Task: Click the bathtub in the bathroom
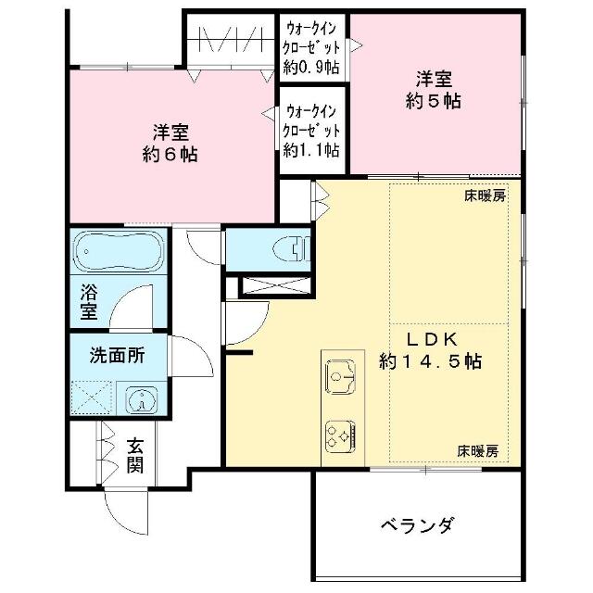[x=119, y=251]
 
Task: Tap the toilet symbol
[x=291, y=248]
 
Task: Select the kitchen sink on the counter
[x=341, y=377]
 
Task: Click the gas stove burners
[x=341, y=435]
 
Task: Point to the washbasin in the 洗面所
[x=143, y=400]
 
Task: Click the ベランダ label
[x=417, y=524]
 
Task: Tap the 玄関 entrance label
[x=135, y=456]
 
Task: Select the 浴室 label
[x=89, y=301]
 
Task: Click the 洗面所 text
[x=117, y=356]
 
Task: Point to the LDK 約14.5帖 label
[x=431, y=350]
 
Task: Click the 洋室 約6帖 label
[x=170, y=143]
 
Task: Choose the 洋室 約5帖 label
[x=434, y=90]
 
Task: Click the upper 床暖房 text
[x=486, y=196]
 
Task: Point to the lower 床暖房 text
[x=478, y=451]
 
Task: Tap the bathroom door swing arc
[x=125, y=298]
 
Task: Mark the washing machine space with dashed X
[x=93, y=397]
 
